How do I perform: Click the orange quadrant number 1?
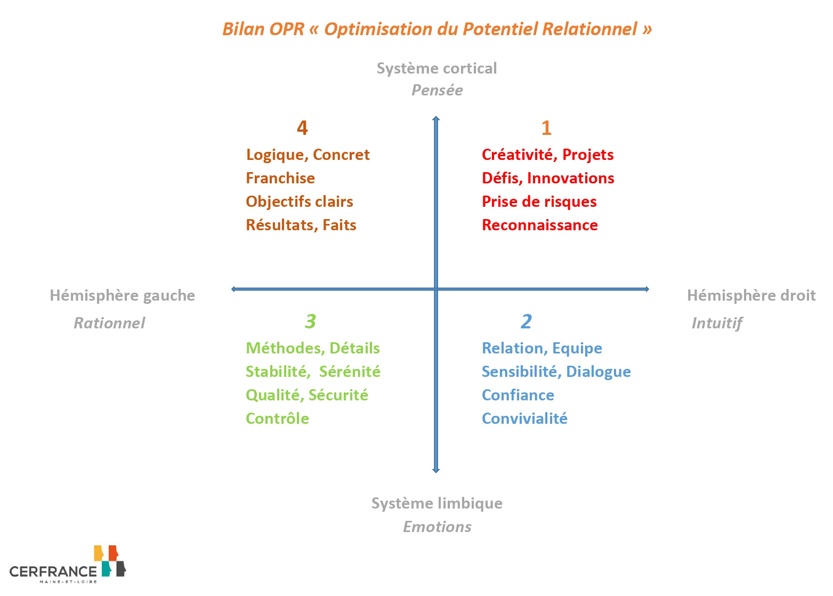point(546,128)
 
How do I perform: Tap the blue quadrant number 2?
point(526,321)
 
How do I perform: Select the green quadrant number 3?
point(311,321)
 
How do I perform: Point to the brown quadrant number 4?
point(302,128)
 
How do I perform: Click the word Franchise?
point(280,178)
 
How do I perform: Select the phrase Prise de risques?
point(539,202)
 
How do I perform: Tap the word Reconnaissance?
point(540,225)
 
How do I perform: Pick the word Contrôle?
point(278,418)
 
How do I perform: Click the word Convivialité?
point(525,418)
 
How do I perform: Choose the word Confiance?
point(518,395)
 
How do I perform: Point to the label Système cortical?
point(437,68)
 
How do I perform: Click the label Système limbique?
point(437,504)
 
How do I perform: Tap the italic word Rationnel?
point(109,323)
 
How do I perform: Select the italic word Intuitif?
point(717,323)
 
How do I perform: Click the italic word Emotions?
point(438,527)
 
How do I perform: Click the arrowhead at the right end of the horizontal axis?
point(648,289)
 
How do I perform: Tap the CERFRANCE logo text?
point(53,571)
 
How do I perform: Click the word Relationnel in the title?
point(590,29)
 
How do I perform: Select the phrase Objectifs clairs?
point(300,202)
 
